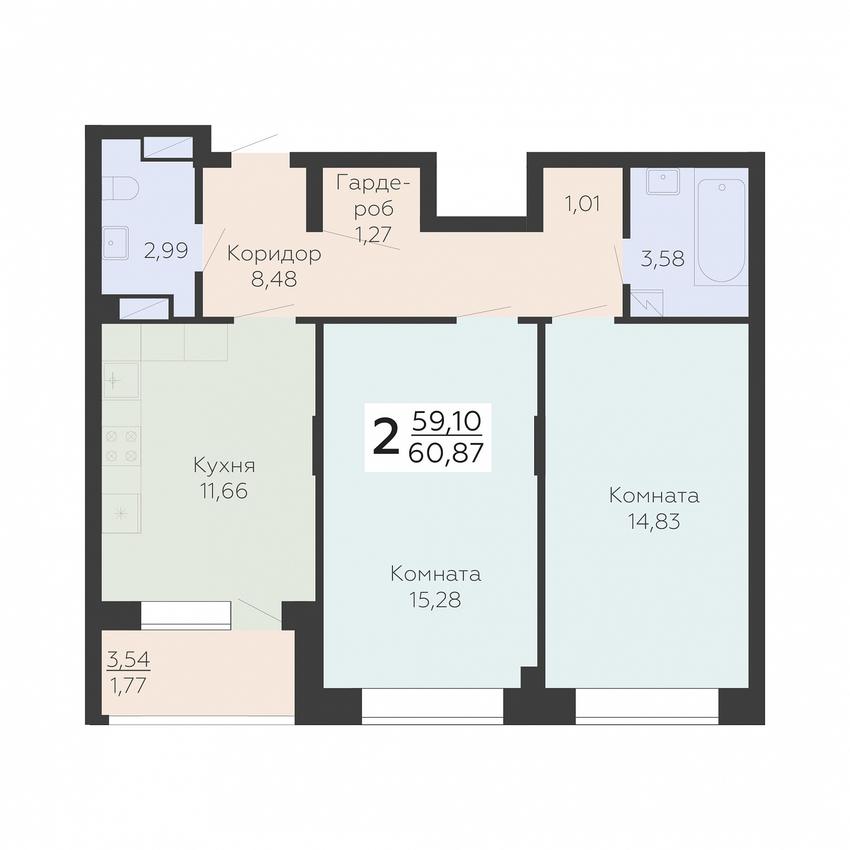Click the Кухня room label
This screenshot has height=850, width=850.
[224, 465]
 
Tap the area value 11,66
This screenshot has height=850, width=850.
[224, 491]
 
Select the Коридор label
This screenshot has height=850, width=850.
[274, 254]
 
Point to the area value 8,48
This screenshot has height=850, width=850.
[274, 280]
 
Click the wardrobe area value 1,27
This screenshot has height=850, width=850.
[373, 234]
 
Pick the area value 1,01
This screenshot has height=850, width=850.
[582, 204]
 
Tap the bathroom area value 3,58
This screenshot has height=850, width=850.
[663, 259]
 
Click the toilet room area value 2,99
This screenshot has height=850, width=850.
[166, 251]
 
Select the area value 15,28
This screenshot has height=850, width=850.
[435, 600]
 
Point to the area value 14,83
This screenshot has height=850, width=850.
[654, 522]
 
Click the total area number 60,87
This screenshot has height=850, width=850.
[445, 453]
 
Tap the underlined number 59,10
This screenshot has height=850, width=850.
[447, 421]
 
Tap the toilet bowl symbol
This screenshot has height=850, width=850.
[120, 188]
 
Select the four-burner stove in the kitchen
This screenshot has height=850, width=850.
[121, 446]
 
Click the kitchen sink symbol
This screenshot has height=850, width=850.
[121, 380]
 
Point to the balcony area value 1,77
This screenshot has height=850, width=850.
[128, 685]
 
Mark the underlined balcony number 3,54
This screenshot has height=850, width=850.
[129, 659]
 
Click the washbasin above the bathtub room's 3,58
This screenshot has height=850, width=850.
[663, 181]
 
